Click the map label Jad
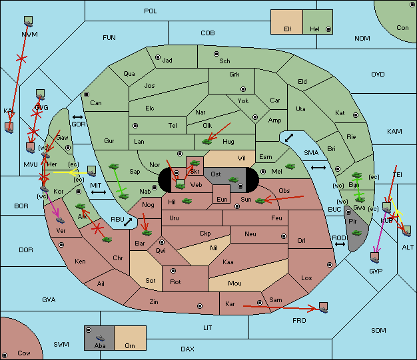167,61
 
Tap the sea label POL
151,11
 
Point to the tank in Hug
207,141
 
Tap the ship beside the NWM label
29,21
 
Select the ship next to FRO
324,307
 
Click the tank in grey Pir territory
357,232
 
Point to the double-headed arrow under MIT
99,192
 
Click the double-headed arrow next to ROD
340,244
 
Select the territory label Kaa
228,262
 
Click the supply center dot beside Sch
216,53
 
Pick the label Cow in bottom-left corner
24,353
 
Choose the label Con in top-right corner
402,27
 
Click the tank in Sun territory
260,200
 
